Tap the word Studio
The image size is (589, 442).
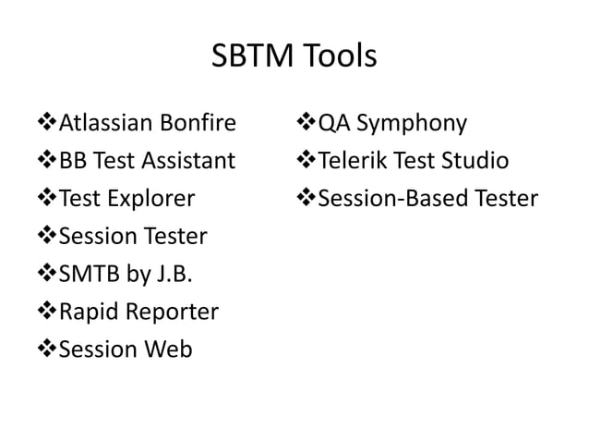[x=475, y=162]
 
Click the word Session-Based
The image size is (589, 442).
[x=398, y=199]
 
